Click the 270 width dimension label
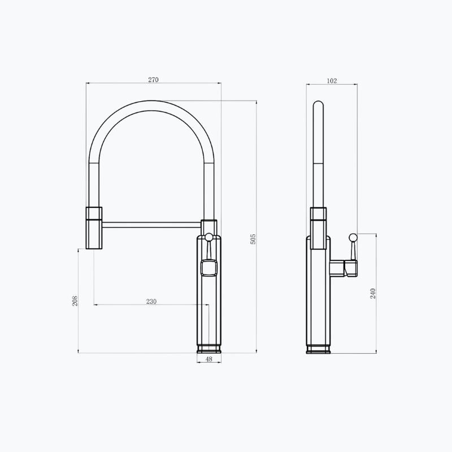(153, 80)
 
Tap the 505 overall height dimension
(253, 239)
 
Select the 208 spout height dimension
(75, 301)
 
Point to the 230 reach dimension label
(151, 302)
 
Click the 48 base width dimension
(209, 359)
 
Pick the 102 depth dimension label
(332, 81)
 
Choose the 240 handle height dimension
(373, 293)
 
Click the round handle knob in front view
(209, 237)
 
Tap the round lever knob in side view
(353, 237)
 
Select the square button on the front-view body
(208, 267)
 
